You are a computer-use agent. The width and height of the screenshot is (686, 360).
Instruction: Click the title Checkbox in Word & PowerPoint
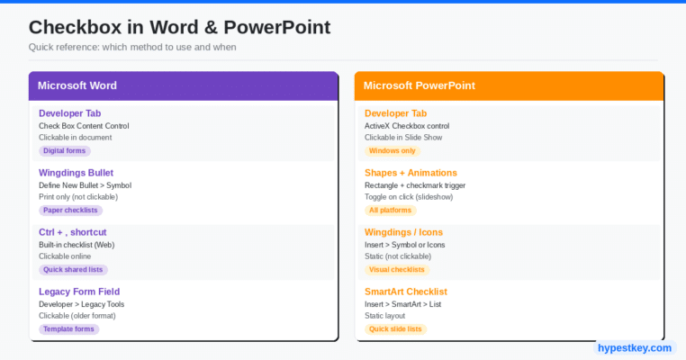point(179,27)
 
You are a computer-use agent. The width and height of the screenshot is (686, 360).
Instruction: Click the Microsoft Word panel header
point(184,85)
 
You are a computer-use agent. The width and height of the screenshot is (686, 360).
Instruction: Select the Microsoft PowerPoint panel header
point(510,85)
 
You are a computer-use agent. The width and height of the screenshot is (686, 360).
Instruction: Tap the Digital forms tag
point(64,151)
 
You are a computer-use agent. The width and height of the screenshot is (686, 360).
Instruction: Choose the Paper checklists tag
point(70,211)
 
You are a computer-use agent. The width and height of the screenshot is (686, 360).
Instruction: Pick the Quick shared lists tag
point(73,270)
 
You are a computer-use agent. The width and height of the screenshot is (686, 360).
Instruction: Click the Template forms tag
point(68,329)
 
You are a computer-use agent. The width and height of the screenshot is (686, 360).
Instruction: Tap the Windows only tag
point(393,151)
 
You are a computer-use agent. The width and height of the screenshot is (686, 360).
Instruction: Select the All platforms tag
point(390,211)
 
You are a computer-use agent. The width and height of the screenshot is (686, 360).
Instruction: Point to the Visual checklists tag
point(397,270)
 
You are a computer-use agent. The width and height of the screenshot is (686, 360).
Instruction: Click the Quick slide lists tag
point(395,329)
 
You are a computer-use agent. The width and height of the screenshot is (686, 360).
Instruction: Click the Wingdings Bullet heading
point(77,173)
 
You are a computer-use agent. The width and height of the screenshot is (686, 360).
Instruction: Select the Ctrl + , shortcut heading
point(73,232)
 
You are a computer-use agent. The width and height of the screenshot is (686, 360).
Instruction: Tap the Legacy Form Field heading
point(79,292)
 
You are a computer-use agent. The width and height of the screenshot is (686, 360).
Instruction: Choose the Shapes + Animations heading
point(411,173)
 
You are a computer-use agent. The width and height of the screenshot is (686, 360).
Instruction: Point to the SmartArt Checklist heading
point(406,292)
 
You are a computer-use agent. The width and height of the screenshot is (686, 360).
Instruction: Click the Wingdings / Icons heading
point(404,232)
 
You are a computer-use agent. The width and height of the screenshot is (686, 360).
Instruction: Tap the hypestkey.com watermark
point(635,348)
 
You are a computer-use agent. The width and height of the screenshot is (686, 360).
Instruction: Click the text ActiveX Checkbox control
point(407,126)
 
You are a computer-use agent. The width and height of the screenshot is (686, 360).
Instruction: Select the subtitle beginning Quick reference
point(132,47)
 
